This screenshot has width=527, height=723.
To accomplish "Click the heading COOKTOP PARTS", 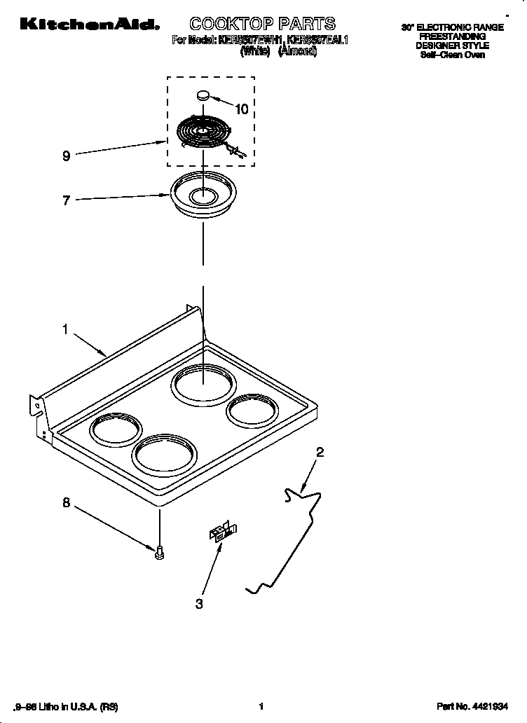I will pyautogui.click(x=263, y=25).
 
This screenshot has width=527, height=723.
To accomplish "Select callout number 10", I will pyautogui.click(x=241, y=109).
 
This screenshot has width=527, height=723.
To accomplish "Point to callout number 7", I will pyautogui.click(x=66, y=201).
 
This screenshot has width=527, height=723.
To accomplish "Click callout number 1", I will pyautogui.click(x=65, y=328).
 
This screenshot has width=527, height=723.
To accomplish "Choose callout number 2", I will pyautogui.click(x=320, y=453).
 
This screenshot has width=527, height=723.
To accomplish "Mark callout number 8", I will pyautogui.click(x=66, y=502).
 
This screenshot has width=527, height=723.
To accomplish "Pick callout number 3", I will pyautogui.click(x=199, y=604).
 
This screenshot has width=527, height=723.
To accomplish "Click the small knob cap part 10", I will pyautogui.click(x=203, y=95).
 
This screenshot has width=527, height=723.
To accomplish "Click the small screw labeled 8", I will pyautogui.click(x=160, y=553).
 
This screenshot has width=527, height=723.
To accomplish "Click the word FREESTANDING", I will pyautogui.click(x=452, y=36).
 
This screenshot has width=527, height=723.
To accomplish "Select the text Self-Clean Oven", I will pyautogui.click(x=452, y=55).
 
